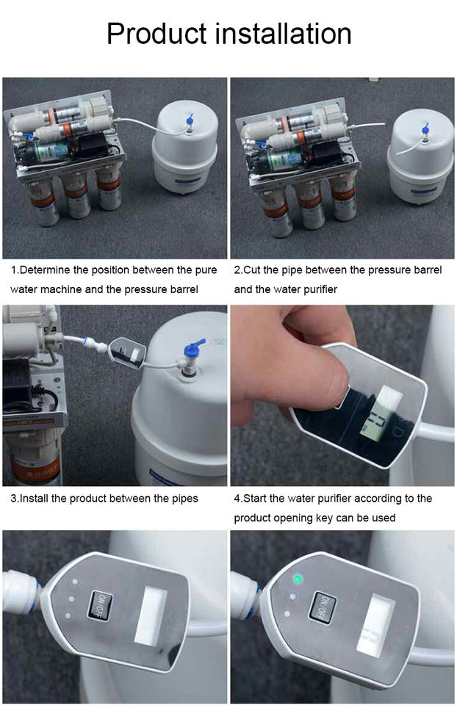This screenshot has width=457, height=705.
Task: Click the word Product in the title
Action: click(156, 35)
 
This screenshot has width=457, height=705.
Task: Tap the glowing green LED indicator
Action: click(297, 579)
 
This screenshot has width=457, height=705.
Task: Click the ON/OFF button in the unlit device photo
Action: click(99, 605)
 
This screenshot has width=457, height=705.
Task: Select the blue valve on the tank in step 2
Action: click(425, 129)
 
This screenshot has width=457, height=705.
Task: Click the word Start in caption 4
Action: click(255, 498)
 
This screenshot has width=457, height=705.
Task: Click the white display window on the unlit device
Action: click(151, 615)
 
